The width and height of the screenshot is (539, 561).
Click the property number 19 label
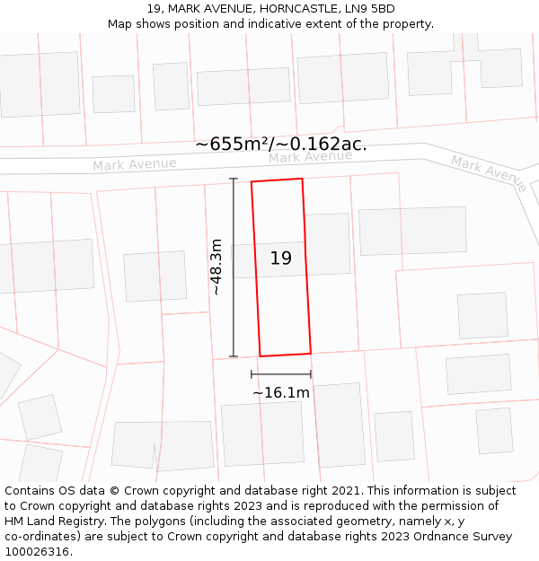point(281,259)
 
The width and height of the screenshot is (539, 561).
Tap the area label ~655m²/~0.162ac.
point(280,145)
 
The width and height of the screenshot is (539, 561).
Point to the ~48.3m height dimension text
point(216,267)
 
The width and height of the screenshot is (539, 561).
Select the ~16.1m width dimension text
point(281,392)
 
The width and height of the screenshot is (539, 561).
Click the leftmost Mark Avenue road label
point(135,164)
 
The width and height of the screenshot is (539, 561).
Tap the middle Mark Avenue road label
point(310,157)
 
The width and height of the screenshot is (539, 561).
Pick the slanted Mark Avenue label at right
point(489,173)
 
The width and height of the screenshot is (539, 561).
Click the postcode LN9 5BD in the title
point(370,9)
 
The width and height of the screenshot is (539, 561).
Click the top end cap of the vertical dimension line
point(234,179)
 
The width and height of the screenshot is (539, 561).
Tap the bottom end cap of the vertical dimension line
point(234,356)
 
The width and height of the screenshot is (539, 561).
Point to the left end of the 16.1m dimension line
point(252,374)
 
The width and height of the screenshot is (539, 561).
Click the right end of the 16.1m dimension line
point(311,374)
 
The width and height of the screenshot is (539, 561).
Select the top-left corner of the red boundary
point(252,182)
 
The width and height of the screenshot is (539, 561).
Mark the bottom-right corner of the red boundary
point(311,353)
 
